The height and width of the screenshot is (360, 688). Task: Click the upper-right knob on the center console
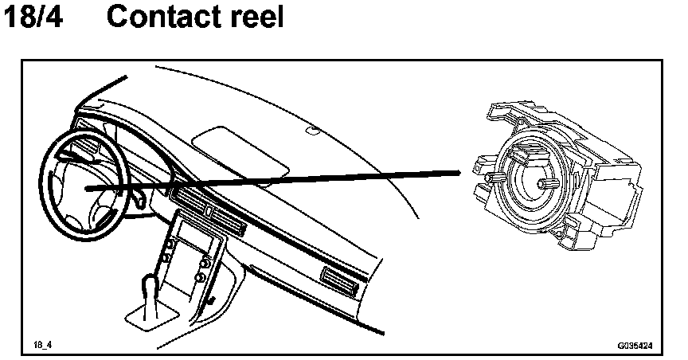pyautogui.click(x=206, y=260)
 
